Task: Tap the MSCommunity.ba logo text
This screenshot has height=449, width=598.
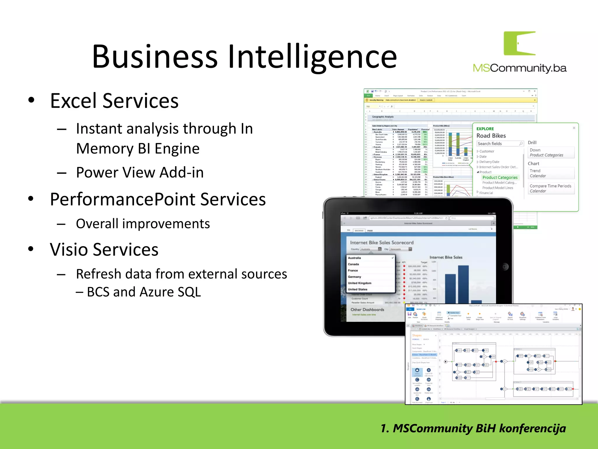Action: [x=519, y=68]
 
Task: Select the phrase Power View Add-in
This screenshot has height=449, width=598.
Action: [x=140, y=172]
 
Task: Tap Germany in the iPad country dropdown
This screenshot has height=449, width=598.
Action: [x=354, y=277]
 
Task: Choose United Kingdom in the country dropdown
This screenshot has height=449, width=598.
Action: [x=359, y=283]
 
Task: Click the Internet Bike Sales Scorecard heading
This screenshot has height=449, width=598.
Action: [x=382, y=243]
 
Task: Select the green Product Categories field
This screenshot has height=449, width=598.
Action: [x=500, y=177]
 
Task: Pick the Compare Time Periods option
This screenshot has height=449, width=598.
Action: [x=550, y=186]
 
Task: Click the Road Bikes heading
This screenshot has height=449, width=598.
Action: [x=491, y=136]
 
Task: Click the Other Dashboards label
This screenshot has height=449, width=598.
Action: [x=367, y=310]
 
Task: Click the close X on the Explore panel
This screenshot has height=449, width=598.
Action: [x=574, y=128]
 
